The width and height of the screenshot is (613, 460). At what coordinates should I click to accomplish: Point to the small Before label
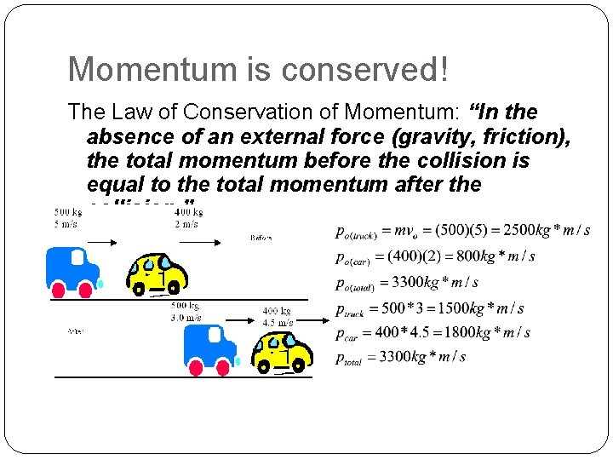[261, 238]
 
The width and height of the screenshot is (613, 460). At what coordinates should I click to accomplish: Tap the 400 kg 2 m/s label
[186, 218]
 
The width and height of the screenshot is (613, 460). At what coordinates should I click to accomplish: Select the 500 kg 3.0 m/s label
[186, 311]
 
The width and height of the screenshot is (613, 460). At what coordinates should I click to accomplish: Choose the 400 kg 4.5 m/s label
[278, 317]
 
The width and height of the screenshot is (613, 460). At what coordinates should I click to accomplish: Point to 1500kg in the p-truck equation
[459, 308]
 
